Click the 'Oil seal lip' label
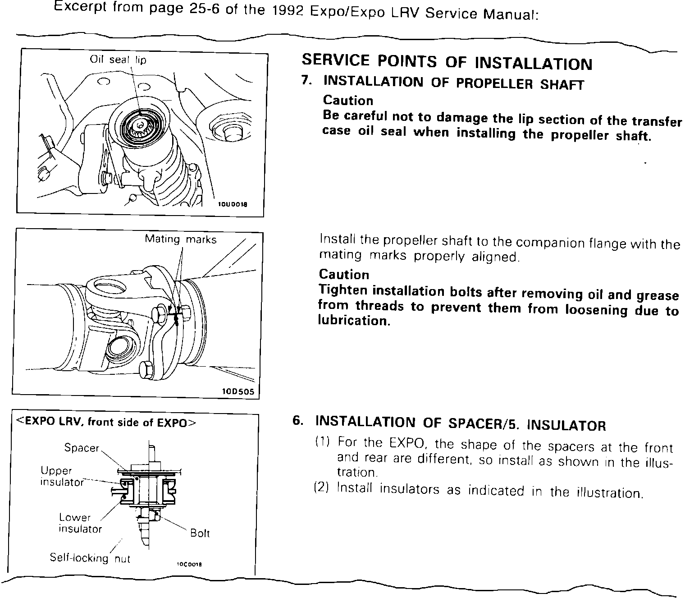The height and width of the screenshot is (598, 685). pyautogui.click(x=118, y=60)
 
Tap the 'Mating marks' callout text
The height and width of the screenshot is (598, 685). pyautogui.click(x=180, y=239)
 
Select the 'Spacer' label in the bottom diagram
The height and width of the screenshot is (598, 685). pyautogui.click(x=82, y=448)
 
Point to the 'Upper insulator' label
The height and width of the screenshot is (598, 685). pyautogui.click(x=62, y=476)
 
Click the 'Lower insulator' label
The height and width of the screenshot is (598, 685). pyautogui.click(x=80, y=523)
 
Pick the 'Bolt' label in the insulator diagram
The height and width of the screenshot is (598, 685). pyautogui.click(x=200, y=533)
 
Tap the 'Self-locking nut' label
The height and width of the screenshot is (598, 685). pyautogui.click(x=90, y=558)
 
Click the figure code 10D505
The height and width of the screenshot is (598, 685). pyautogui.click(x=238, y=391)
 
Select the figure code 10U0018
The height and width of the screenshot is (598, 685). pyautogui.click(x=233, y=204)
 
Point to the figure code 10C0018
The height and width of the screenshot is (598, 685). pyautogui.click(x=189, y=564)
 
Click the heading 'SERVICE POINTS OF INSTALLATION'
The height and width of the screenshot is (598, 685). pyautogui.click(x=447, y=62)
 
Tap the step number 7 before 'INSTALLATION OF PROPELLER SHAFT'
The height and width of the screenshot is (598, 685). pyautogui.click(x=306, y=81)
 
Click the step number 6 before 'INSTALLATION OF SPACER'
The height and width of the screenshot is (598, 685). pyautogui.click(x=297, y=421)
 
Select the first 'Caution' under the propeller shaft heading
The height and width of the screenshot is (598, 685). pyautogui.click(x=348, y=100)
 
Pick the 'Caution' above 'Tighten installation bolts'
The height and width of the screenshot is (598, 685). pyautogui.click(x=344, y=274)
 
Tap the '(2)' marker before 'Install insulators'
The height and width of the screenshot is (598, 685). pyautogui.click(x=322, y=488)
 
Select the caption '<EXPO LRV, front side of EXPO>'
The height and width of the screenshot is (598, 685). pyautogui.click(x=106, y=423)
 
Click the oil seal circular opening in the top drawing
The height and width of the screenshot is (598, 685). pyautogui.click(x=142, y=124)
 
